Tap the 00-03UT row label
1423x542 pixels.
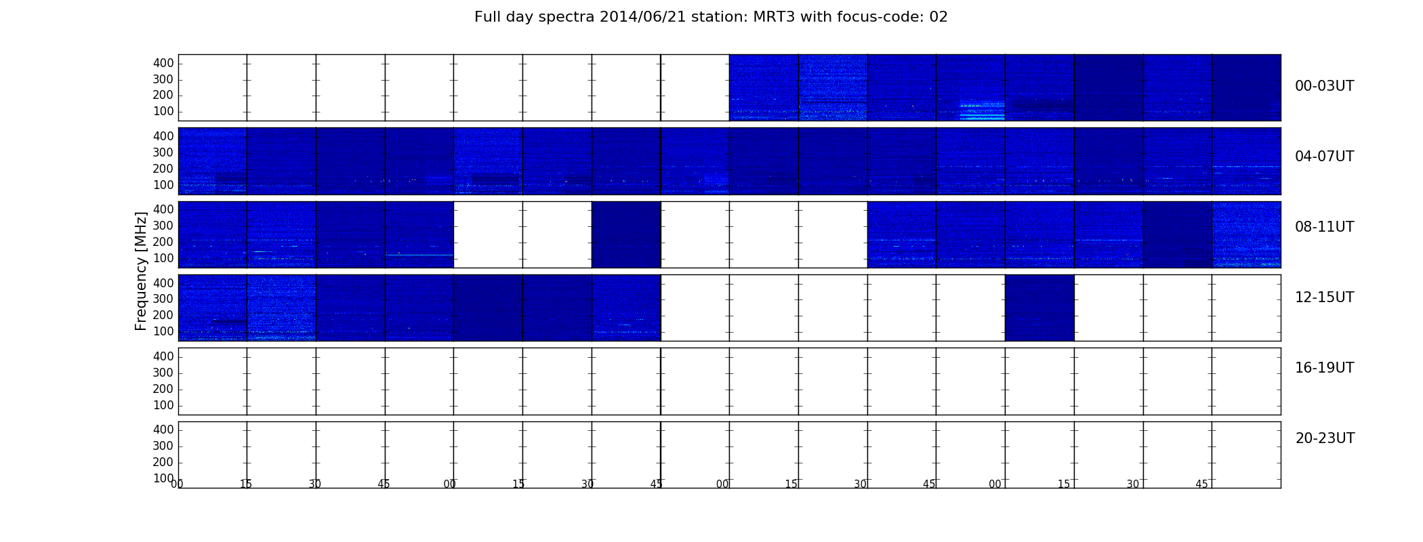[1325, 86]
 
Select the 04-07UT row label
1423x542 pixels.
[1325, 157]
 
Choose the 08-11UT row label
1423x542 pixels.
[1325, 227]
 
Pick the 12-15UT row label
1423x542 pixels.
[1325, 297]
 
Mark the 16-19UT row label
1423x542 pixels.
[1325, 368]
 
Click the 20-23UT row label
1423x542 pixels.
[1325, 438]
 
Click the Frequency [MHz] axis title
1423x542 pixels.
[141, 271]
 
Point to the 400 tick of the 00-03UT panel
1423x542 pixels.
[163, 63]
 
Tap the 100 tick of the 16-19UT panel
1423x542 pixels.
[163, 405]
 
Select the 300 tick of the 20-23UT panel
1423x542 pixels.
[163, 446]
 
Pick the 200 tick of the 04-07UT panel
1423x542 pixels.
[163, 169]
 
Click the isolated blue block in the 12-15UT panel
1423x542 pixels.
[1039, 308]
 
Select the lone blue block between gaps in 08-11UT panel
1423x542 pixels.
[626, 234]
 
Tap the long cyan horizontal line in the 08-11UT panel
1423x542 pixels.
[419, 255]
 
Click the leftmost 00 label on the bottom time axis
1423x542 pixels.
[177, 484]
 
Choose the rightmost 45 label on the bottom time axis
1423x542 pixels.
[1201, 484]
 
